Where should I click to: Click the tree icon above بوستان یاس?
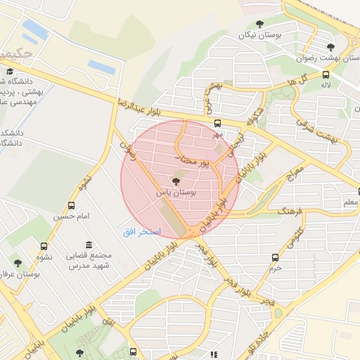tap(176, 181)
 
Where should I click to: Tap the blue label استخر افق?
tap(142, 231)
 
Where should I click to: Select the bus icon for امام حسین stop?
tap(72, 205)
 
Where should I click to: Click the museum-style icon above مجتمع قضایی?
tap(89, 246)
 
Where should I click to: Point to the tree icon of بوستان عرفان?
tap(18, 263)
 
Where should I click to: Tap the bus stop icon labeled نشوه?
tap(44, 246)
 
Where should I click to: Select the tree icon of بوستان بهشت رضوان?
tap(330, 47)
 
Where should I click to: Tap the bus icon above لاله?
tap(326, 75)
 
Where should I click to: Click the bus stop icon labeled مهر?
tap(217, 123)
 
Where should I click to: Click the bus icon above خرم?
tap(274, 257)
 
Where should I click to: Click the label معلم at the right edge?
tap(349, 202)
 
